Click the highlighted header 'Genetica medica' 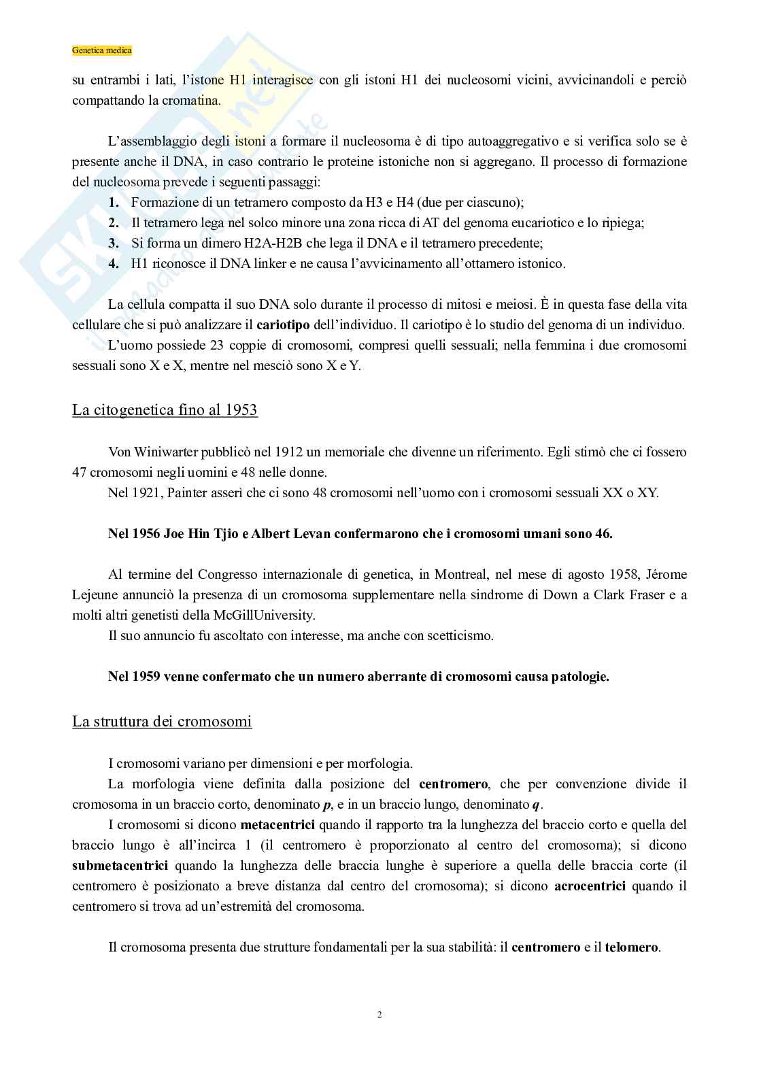[x=102, y=50]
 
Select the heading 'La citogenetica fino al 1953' [x=165, y=410]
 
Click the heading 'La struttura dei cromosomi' [x=162, y=721]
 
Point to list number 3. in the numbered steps [x=114, y=243]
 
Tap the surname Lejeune [x=95, y=595]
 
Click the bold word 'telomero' [x=631, y=947]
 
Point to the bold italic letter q [x=535, y=805]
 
